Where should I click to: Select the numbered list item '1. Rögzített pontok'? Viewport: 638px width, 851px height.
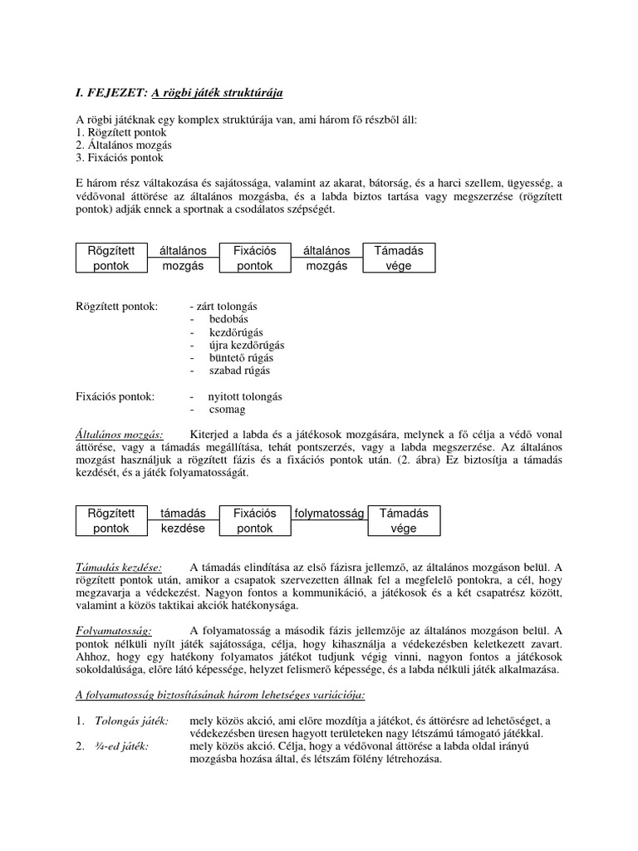pos(120,132)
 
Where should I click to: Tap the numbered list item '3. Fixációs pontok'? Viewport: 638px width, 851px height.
pos(120,157)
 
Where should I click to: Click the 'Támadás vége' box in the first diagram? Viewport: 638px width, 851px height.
pos(399,258)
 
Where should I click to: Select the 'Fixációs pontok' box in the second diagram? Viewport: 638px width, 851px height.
pos(254,520)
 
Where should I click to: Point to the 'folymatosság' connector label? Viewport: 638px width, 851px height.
pos(329,514)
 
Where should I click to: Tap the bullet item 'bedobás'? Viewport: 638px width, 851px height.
pos(228,318)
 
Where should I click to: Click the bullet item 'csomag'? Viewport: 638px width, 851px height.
pos(226,409)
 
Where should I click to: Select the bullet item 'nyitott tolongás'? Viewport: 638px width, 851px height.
pos(245,396)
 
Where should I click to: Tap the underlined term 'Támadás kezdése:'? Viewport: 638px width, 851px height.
pos(119,566)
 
